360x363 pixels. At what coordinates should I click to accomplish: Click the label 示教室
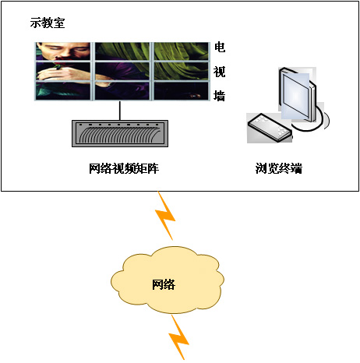(48, 23)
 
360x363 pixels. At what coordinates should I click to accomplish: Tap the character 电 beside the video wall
(220, 48)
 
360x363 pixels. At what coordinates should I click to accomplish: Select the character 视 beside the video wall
(220, 72)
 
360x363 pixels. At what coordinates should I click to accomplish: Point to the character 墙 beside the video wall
(220, 96)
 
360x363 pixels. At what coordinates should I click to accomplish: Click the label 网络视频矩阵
(124, 168)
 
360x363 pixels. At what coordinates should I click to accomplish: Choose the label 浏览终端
(279, 168)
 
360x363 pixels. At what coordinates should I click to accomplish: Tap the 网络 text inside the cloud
(164, 284)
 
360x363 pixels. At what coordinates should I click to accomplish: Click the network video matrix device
(120, 133)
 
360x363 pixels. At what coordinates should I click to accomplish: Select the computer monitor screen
(295, 97)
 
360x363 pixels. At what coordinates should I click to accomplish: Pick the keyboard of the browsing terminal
(270, 128)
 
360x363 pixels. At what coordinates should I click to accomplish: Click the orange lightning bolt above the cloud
(165, 216)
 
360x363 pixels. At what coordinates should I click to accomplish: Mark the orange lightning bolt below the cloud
(179, 337)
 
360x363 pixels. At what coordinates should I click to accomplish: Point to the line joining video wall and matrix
(120, 111)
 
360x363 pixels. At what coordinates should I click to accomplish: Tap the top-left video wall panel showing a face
(63, 51)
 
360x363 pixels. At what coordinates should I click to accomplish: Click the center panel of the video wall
(122, 71)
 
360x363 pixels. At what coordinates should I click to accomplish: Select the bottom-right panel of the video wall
(182, 91)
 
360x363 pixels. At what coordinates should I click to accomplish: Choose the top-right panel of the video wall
(182, 51)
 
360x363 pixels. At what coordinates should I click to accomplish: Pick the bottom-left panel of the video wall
(63, 91)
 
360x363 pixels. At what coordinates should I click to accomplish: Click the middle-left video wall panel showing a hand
(63, 71)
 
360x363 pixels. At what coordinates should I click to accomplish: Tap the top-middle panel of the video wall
(122, 51)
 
